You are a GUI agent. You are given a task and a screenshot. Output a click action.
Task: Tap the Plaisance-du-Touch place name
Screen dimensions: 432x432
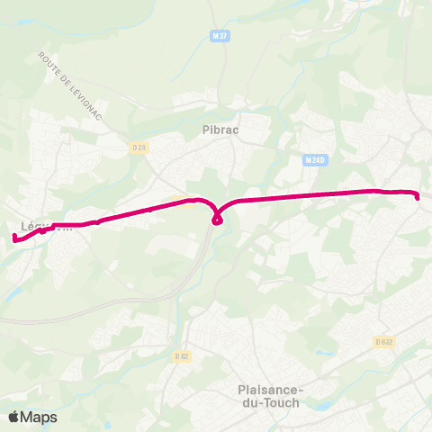click(274, 396)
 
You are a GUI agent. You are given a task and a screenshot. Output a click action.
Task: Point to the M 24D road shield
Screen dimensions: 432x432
click(313, 160)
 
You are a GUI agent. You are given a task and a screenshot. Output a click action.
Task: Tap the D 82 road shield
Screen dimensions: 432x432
click(182, 356)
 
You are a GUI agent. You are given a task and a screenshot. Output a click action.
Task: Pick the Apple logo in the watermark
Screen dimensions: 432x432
click(14, 417)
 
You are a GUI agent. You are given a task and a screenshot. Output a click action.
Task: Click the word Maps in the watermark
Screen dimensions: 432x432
click(39, 417)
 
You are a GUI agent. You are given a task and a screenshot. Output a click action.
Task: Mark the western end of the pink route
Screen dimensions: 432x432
click(14, 238)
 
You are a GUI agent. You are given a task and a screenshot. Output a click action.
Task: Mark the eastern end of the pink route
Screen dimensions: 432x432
click(418, 197)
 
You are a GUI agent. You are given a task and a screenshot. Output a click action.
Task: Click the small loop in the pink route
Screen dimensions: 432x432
click(217, 220)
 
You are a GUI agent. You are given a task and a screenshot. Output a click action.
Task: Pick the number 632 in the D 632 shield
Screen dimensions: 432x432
click(388, 341)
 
